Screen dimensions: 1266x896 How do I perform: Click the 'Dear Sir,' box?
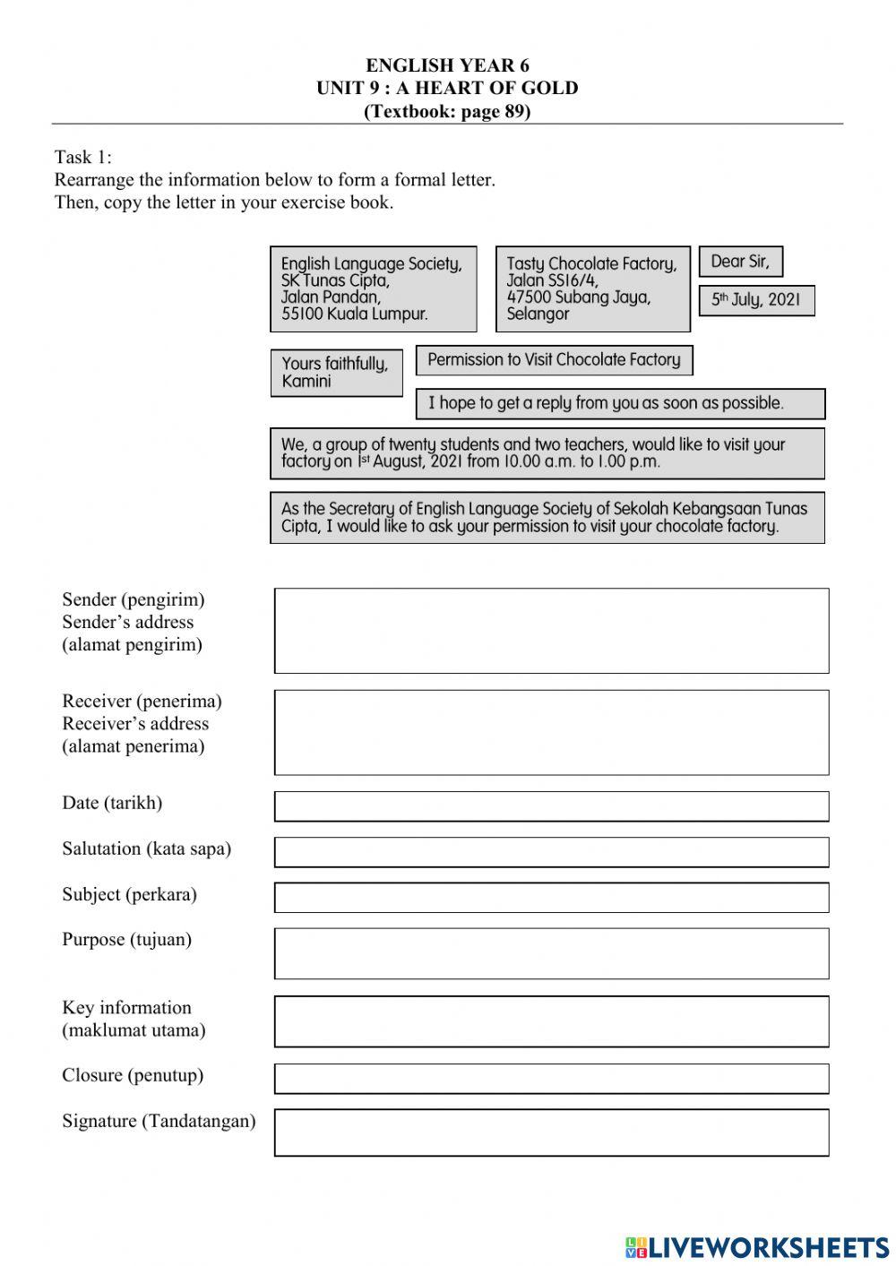click(740, 262)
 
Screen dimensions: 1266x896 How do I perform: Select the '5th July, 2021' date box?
click(756, 300)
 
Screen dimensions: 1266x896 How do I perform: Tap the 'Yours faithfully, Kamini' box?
click(336, 373)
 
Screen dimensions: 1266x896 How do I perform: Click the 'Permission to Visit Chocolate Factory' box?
click(554, 360)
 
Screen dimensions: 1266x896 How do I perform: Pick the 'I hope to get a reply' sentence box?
click(620, 403)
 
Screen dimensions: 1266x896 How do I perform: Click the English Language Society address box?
click(373, 289)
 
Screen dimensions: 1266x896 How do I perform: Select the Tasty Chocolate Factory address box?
click(592, 289)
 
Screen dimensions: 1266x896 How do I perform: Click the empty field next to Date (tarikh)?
click(551, 806)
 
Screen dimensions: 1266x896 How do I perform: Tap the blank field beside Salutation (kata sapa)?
click(551, 852)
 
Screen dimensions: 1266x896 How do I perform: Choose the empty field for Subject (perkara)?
click(551, 898)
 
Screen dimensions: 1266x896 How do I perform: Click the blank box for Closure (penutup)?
click(551, 1079)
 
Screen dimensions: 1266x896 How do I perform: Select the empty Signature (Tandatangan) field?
click(551, 1133)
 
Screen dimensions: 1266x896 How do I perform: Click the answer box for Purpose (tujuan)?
click(551, 953)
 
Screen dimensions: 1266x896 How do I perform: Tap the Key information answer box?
click(551, 1021)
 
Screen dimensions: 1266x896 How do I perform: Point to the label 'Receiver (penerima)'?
click(142, 701)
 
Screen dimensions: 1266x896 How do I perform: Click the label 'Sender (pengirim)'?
click(133, 599)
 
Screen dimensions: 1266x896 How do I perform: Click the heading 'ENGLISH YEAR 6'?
click(447, 65)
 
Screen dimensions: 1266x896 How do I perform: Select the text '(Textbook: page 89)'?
click(447, 111)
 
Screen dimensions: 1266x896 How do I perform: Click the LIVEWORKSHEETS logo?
click(756, 1246)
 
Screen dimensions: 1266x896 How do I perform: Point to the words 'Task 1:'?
click(83, 157)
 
